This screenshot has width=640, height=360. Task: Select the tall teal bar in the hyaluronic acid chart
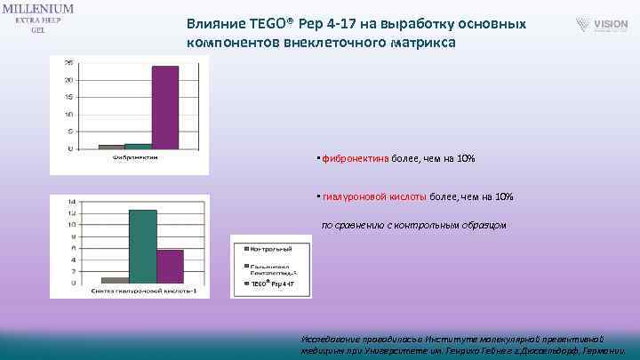click(x=142, y=246)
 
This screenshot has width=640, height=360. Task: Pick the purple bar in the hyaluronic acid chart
click(x=170, y=266)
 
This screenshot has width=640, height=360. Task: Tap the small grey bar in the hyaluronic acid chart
click(x=115, y=280)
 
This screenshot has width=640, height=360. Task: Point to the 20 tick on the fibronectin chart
click(x=69, y=80)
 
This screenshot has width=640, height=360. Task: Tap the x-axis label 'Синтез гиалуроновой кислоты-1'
click(x=143, y=291)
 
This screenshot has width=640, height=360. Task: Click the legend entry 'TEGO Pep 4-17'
click(x=270, y=284)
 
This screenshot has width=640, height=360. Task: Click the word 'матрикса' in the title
click(x=430, y=42)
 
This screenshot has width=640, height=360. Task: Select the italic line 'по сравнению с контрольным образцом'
click(x=413, y=225)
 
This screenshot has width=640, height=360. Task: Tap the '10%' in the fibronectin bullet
click(x=466, y=159)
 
